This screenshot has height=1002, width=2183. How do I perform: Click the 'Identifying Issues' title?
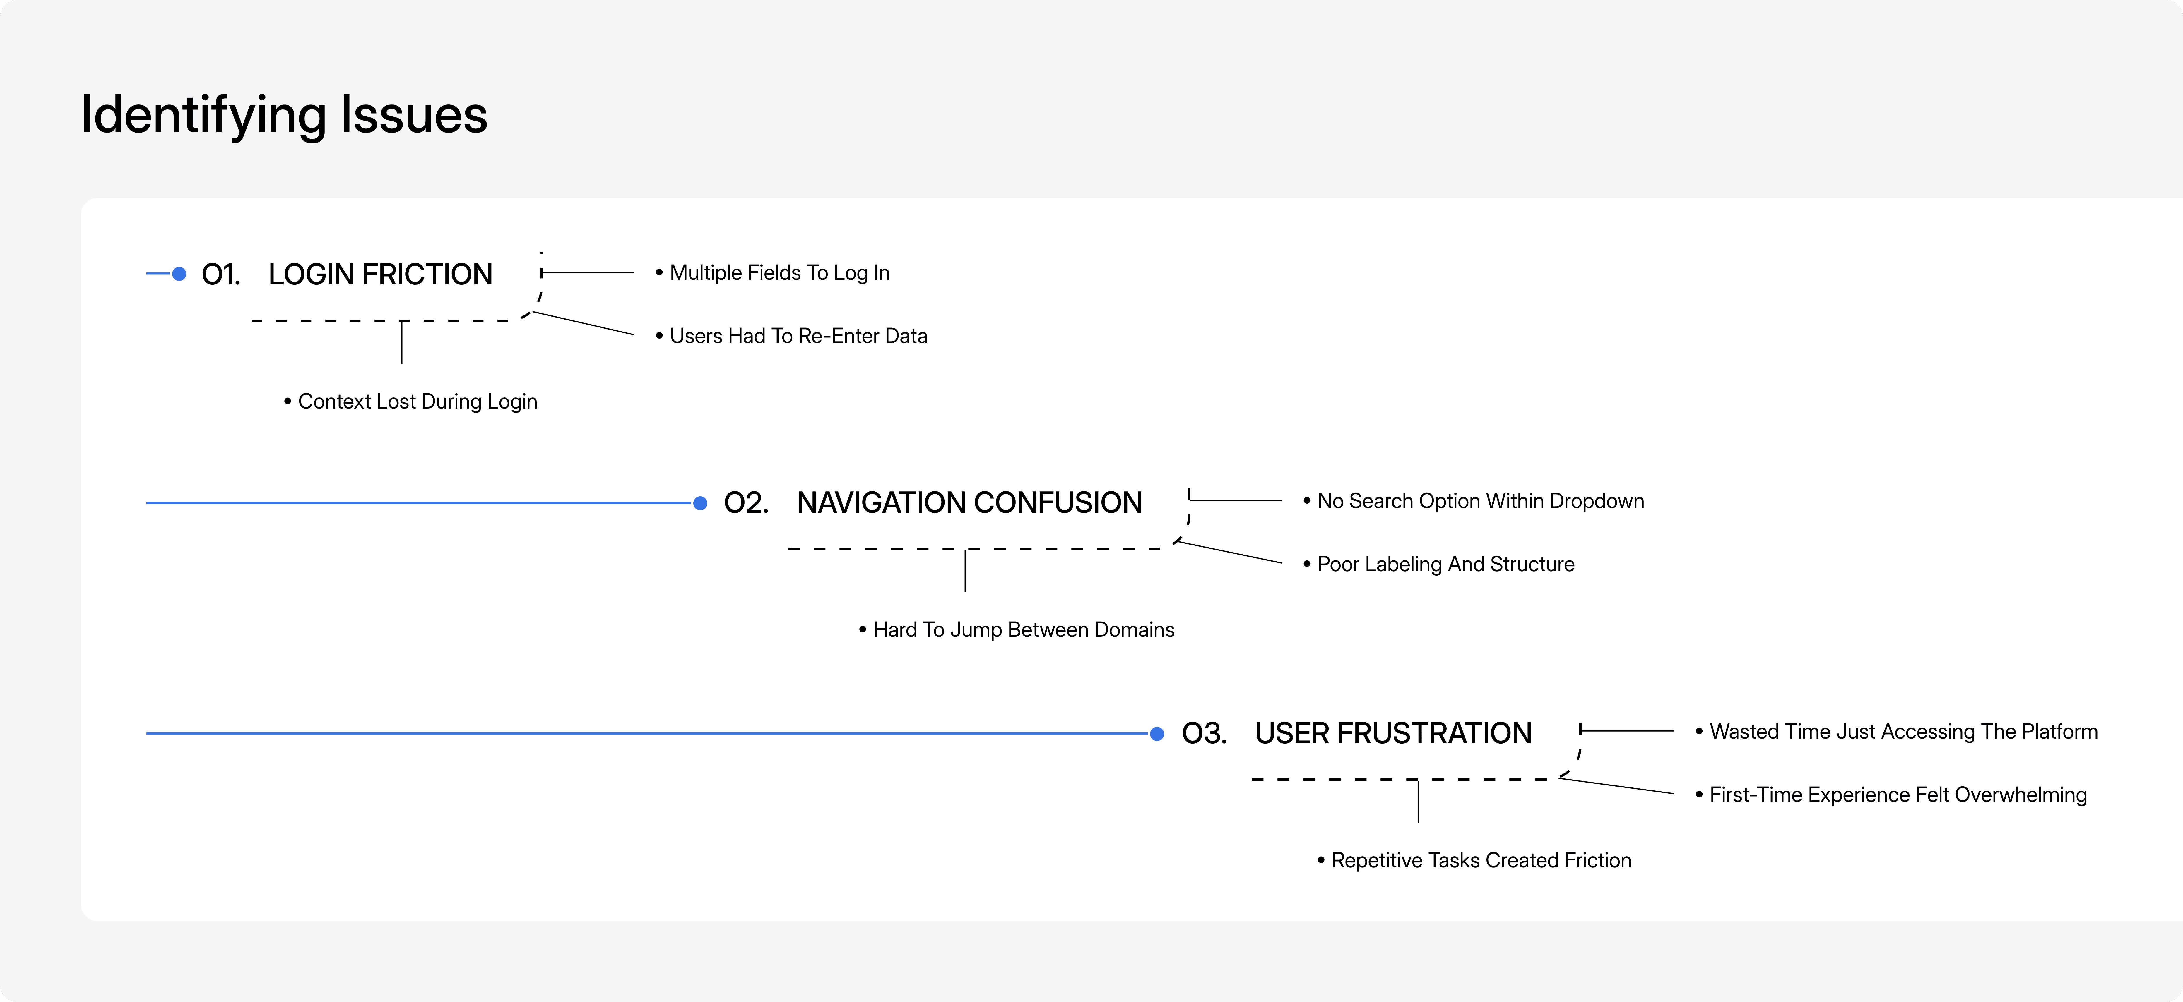[284, 115]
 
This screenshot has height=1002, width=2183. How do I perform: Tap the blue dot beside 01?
[179, 274]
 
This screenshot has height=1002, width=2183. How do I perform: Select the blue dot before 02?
[700, 503]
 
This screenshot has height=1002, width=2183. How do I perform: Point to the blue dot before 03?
[1157, 733]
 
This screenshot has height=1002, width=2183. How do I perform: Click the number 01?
[220, 274]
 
